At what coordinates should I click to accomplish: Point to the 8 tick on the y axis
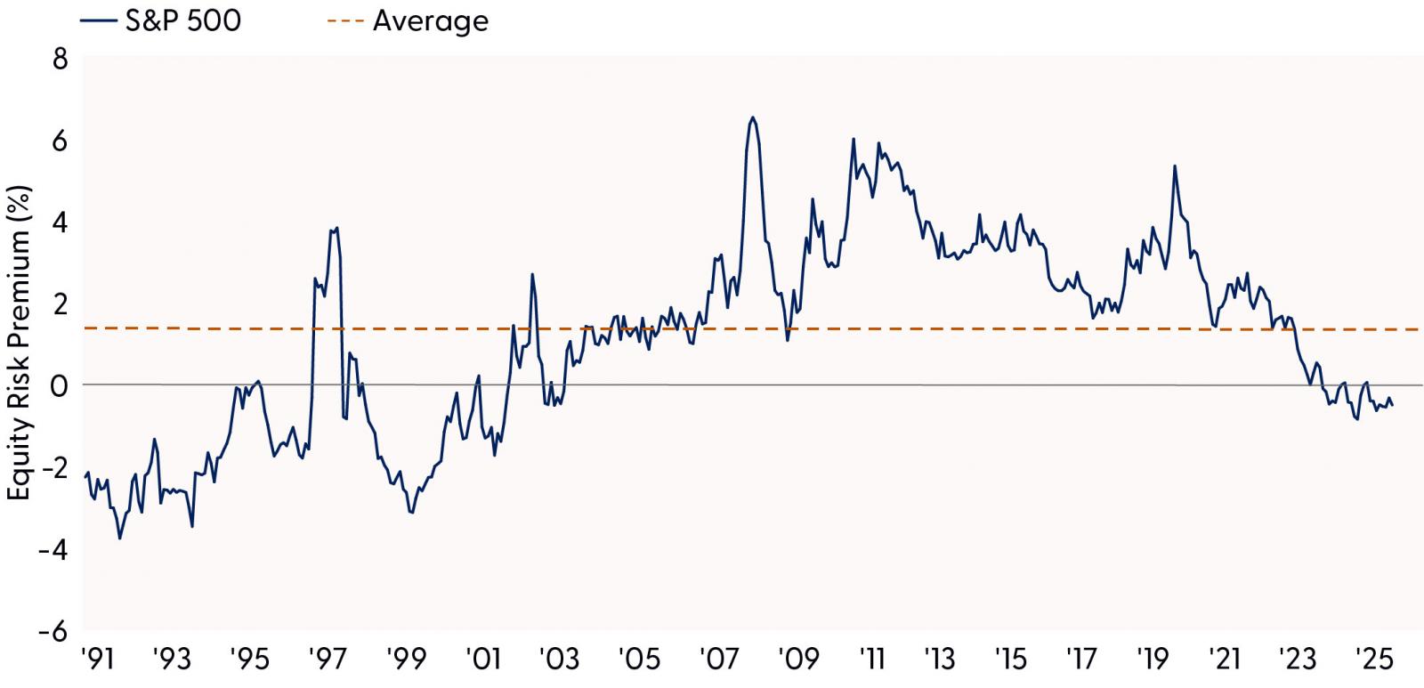point(61,60)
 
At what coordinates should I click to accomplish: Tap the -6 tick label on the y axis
point(53,632)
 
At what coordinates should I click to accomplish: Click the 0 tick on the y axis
point(61,386)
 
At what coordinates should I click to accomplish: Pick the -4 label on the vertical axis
point(53,550)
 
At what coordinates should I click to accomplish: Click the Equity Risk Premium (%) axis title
point(20,344)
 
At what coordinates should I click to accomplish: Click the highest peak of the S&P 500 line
point(753,117)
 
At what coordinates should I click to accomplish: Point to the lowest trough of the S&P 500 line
point(120,538)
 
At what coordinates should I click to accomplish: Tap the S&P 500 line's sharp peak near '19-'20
point(1175,166)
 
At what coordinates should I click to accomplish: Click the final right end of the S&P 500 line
point(1393,405)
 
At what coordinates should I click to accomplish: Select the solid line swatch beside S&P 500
point(98,20)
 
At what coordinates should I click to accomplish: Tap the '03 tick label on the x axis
point(561,660)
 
